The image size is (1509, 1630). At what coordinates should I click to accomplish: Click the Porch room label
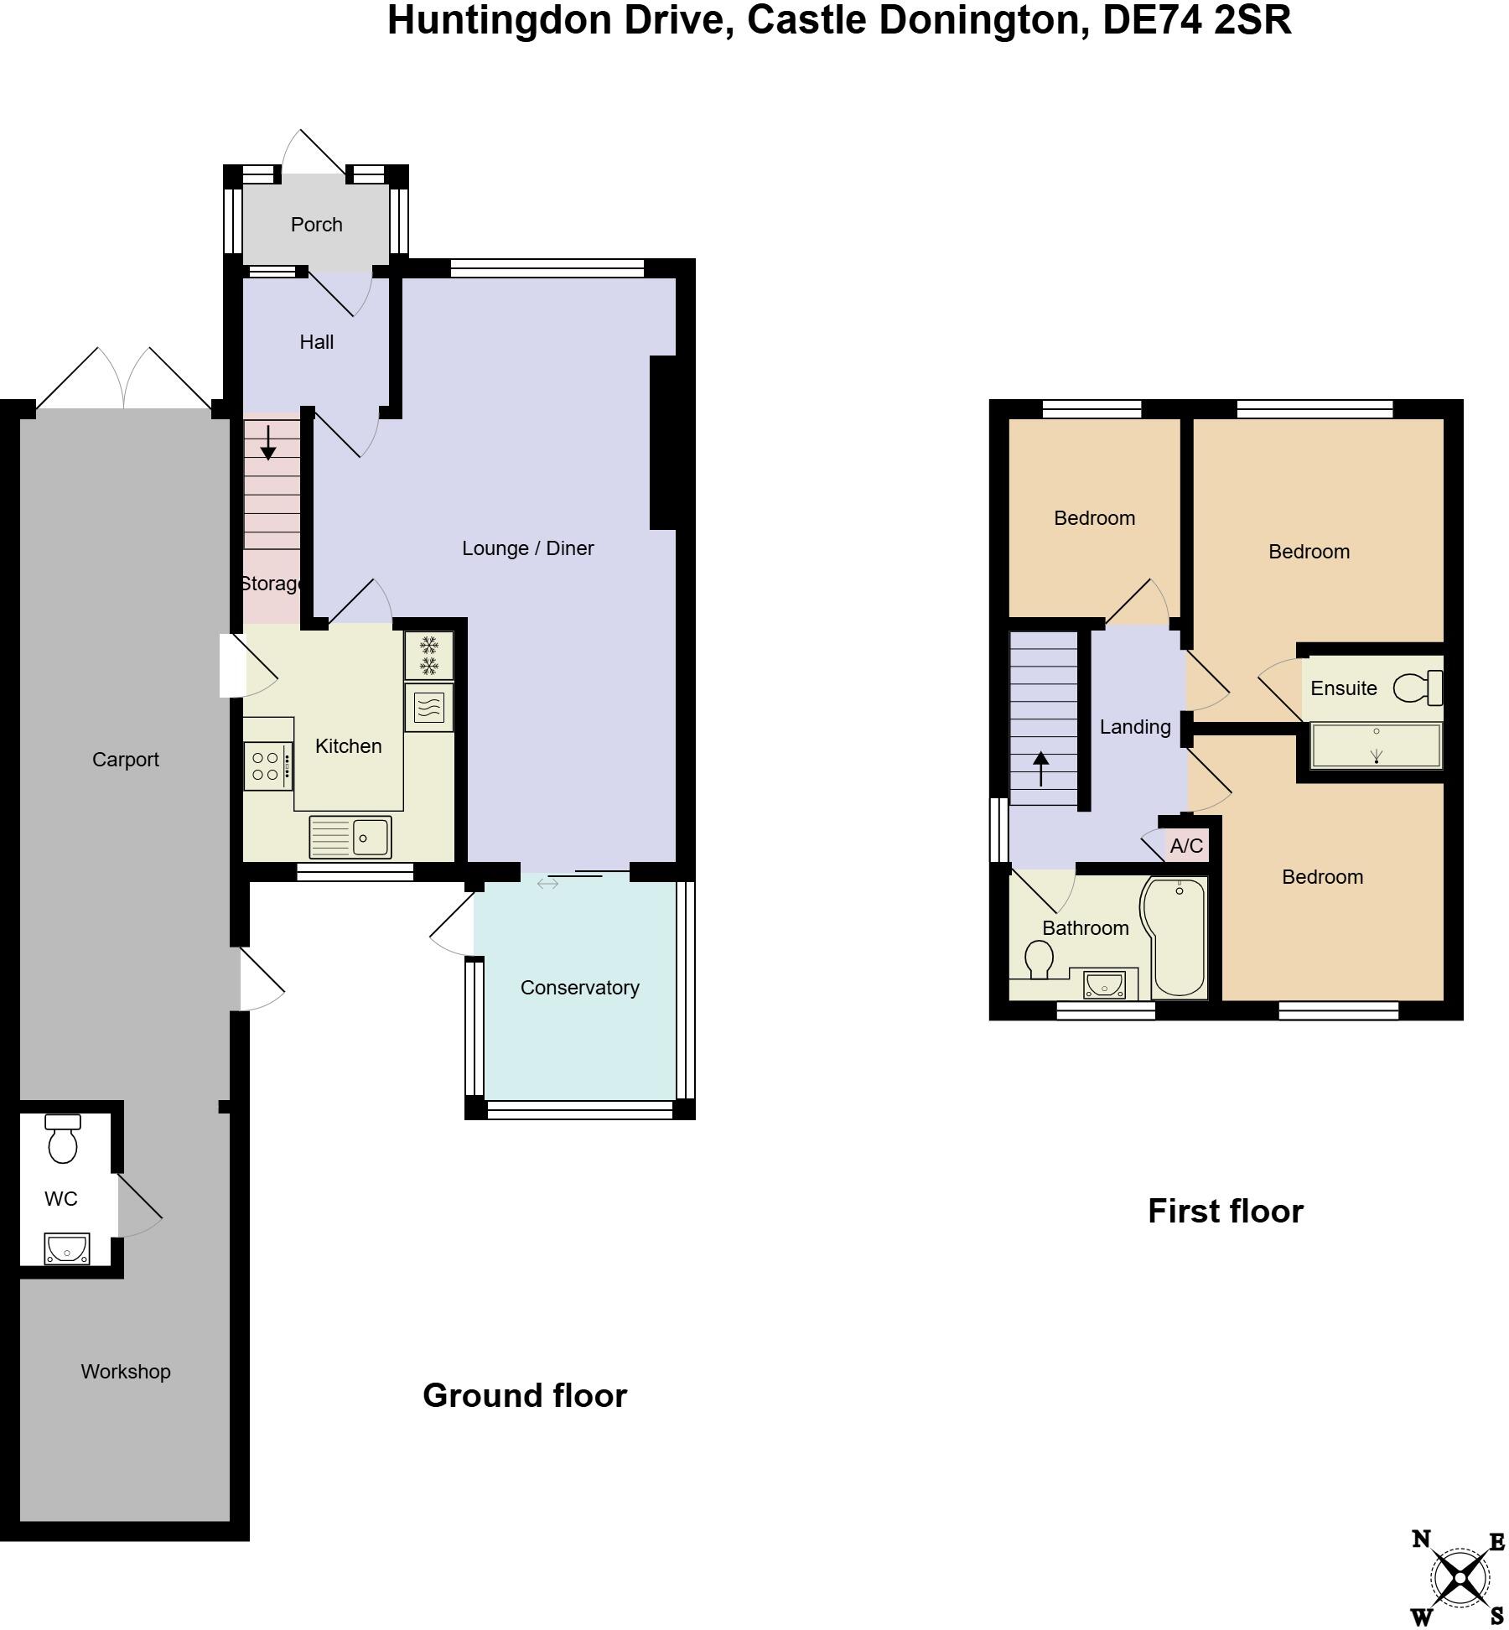(x=316, y=225)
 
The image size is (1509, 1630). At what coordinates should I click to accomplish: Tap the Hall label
(x=316, y=342)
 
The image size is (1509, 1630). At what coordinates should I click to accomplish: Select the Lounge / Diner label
(x=527, y=548)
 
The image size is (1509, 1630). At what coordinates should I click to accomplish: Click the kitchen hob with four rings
(x=267, y=766)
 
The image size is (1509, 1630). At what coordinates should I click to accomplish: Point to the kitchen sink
(x=350, y=837)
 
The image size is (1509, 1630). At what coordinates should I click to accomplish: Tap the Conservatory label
(x=579, y=988)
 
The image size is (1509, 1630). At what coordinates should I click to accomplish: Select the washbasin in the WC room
(x=67, y=1248)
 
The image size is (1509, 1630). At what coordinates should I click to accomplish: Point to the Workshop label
(x=126, y=1372)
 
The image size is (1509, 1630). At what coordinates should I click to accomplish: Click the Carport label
(x=126, y=760)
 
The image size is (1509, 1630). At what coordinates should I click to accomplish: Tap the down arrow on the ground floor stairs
(x=268, y=443)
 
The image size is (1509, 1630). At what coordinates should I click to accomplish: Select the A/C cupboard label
(x=1186, y=846)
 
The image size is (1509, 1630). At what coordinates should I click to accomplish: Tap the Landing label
(x=1135, y=727)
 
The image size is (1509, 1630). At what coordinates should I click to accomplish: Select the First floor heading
(x=1225, y=1212)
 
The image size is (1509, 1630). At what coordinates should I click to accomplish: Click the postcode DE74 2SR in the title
(x=1197, y=21)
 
